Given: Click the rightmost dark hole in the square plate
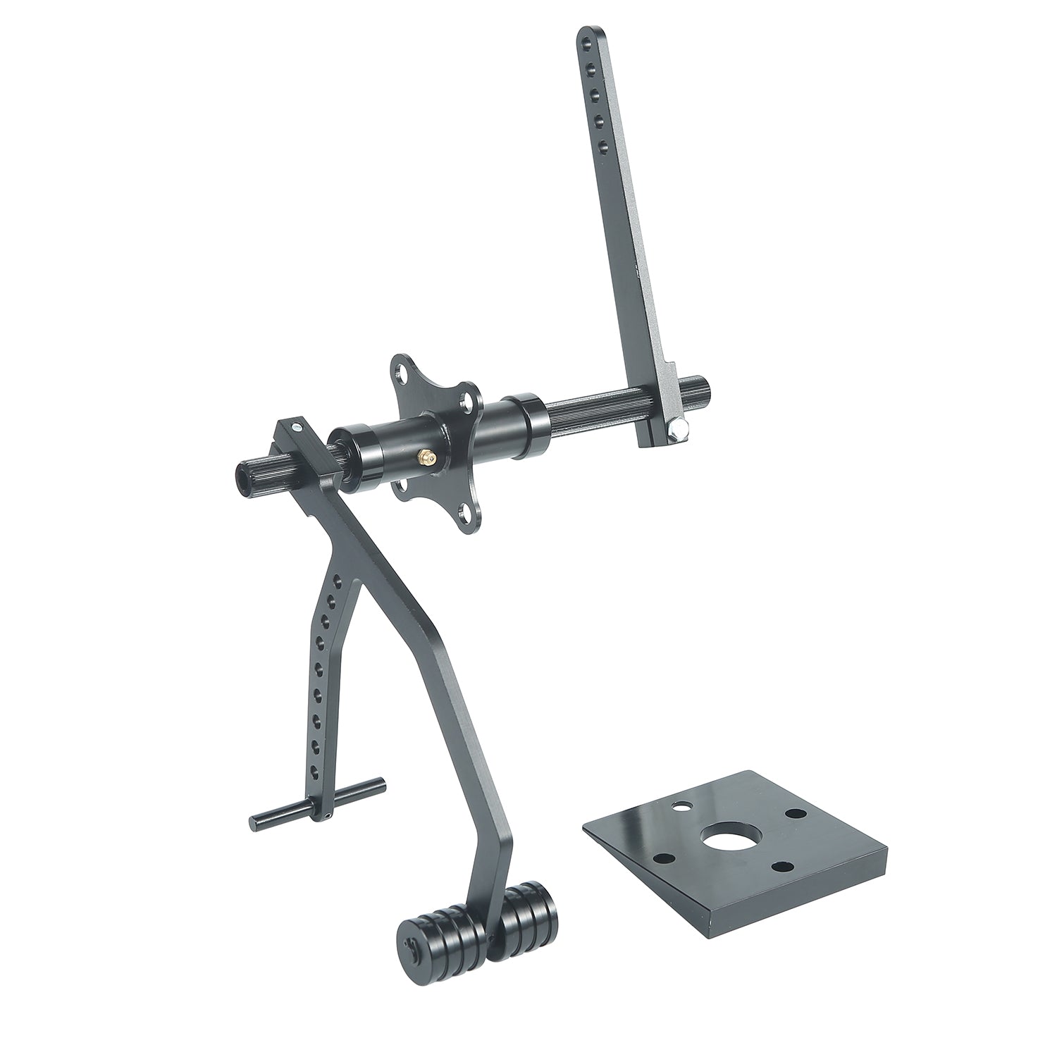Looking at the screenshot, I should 796,812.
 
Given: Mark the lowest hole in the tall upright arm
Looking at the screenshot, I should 602,147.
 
